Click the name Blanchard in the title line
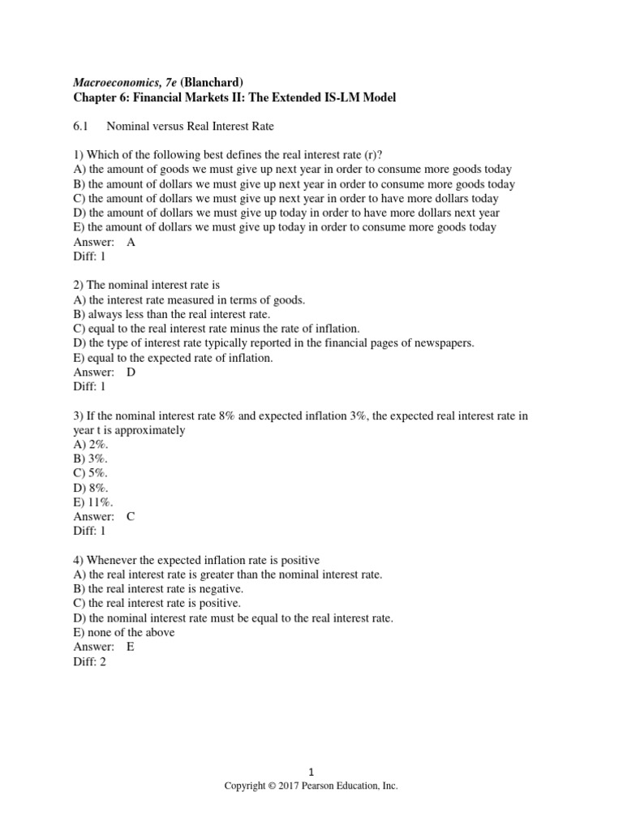tap(211, 81)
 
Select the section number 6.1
tap(82, 126)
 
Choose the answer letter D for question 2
tap(131, 372)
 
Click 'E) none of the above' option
tap(124, 632)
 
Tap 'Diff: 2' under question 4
tap(90, 661)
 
